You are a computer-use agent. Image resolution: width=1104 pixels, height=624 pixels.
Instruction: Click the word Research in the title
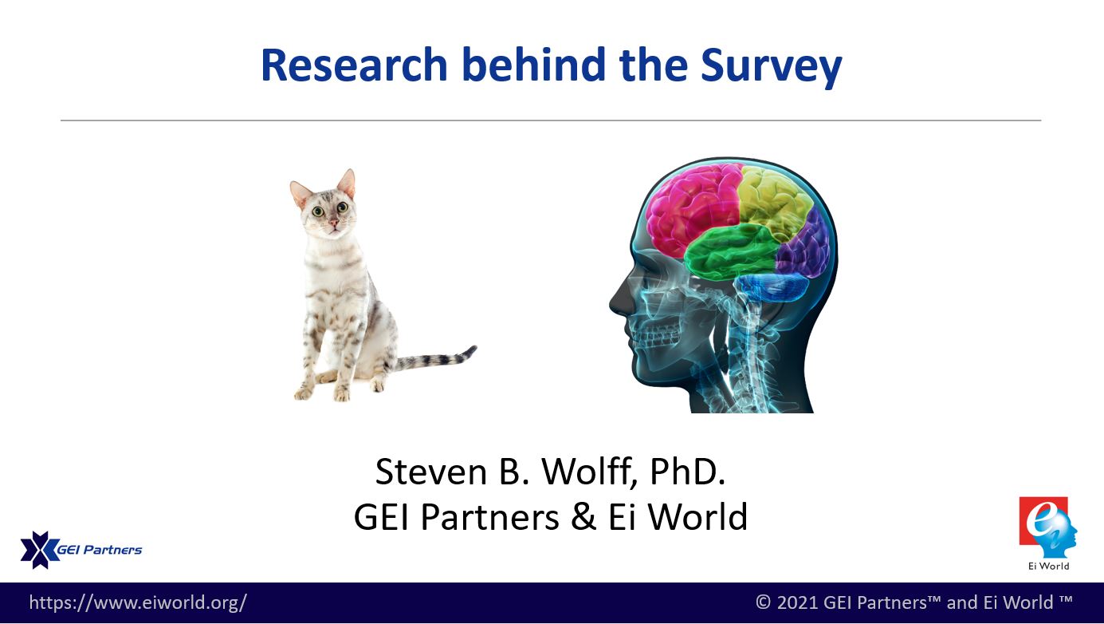tap(354, 65)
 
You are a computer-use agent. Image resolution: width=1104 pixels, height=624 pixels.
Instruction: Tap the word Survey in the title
tap(771, 68)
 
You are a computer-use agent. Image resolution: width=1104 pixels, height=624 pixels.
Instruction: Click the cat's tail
tap(436, 359)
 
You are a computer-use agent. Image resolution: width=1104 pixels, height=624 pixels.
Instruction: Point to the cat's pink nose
tap(335, 223)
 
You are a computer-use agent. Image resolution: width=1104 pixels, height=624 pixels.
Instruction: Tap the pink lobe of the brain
tap(693, 207)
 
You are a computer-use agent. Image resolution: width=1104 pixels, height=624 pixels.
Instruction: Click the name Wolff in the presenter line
tap(586, 472)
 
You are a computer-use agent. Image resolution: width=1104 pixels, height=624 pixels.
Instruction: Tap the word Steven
tap(431, 472)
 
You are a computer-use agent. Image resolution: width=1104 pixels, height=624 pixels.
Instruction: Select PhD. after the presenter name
tap(688, 472)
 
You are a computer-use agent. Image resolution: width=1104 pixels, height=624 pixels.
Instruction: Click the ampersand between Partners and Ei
tap(583, 517)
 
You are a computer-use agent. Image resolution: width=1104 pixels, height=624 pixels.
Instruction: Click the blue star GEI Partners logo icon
tap(40, 550)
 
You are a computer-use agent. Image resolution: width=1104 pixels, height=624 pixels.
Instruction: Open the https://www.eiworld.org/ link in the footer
tap(138, 602)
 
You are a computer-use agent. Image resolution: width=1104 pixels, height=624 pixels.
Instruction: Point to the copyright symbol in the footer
tap(764, 602)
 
